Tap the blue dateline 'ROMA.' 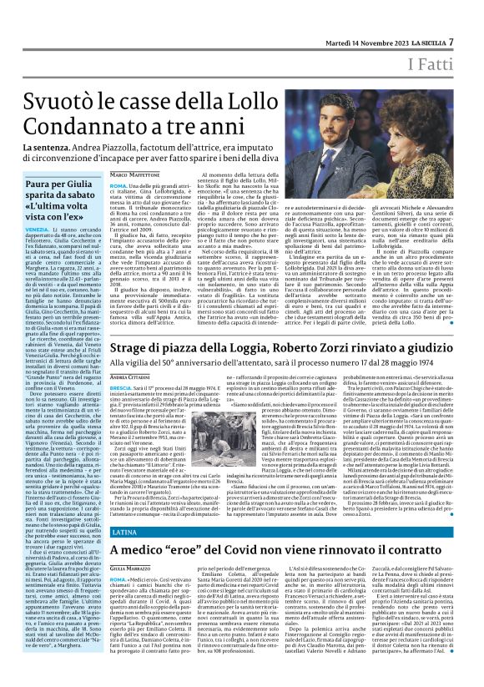click(118, 184)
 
